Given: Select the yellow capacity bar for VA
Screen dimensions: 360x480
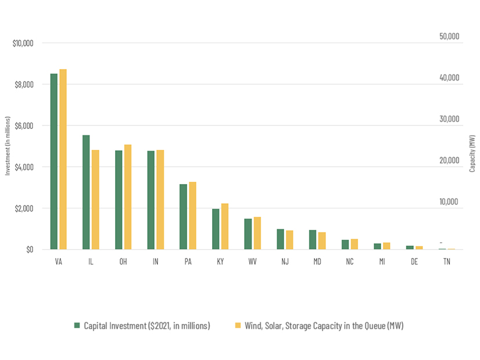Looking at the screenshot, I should (63, 159).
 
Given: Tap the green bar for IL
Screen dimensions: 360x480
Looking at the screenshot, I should (86, 192).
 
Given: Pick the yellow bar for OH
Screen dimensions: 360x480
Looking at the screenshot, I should (128, 197).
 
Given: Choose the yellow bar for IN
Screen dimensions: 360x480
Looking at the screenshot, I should (160, 200).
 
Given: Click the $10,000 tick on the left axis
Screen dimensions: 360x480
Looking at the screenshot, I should (23, 44).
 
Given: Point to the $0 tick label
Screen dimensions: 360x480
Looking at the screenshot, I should (28, 250).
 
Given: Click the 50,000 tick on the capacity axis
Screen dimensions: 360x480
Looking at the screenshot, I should (449, 37).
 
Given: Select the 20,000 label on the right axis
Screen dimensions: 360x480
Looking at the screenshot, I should (449, 161).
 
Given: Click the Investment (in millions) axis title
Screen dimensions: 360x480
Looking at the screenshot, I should (8, 145).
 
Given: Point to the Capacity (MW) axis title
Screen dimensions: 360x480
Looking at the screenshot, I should (472, 153).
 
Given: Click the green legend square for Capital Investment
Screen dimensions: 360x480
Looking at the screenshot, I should (77, 326).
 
